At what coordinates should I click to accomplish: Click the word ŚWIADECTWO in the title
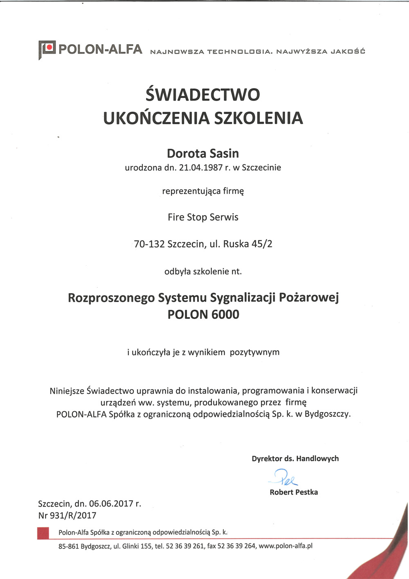(x=203, y=95)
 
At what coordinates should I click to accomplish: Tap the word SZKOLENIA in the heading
(x=258, y=118)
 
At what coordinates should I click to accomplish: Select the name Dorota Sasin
(x=203, y=153)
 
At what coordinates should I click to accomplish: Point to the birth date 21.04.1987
(x=201, y=167)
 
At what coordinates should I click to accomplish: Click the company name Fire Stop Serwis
(x=203, y=217)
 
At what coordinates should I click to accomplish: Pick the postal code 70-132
(x=149, y=244)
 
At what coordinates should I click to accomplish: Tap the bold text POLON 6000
(x=203, y=315)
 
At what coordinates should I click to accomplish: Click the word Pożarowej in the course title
(x=309, y=297)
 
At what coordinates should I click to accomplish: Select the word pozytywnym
(x=254, y=352)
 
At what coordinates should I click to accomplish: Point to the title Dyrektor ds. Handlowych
(x=295, y=459)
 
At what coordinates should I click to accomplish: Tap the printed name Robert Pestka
(x=294, y=492)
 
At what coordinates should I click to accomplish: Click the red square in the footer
(x=43, y=533)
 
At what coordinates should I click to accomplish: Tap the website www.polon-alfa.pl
(x=285, y=546)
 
